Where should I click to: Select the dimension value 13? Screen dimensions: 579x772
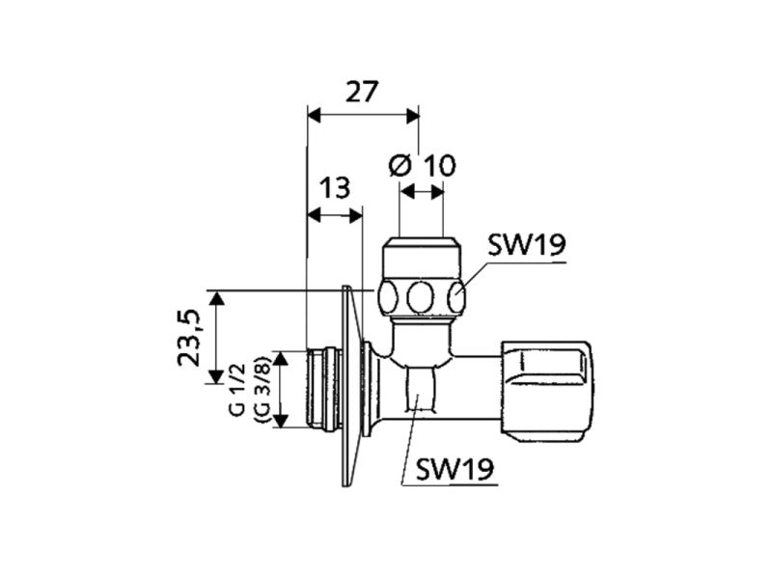(x=334, y=188)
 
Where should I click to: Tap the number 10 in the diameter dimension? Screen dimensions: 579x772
(x=439, y=165)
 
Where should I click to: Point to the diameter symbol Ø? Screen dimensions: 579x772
(x=400, y=165)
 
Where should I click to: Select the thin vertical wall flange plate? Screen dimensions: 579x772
(x=345, y=386)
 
